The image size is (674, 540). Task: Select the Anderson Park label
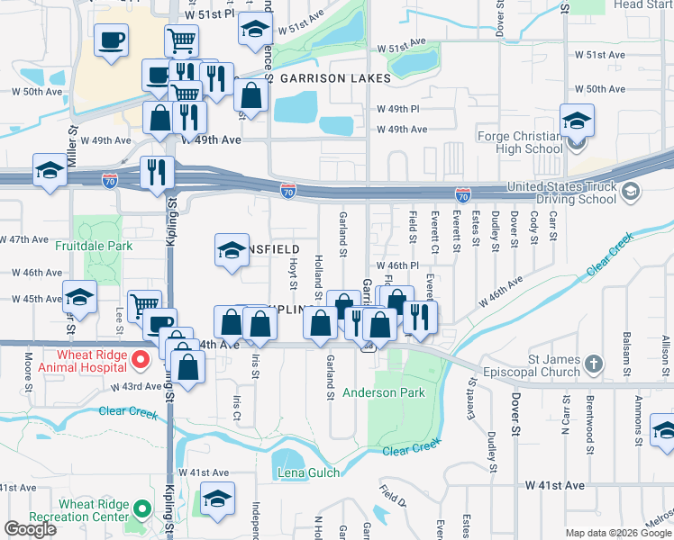(x=383, y=393)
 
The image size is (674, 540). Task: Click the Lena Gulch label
(x=309, y=473)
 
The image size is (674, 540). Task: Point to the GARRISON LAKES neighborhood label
(x=335, y=78)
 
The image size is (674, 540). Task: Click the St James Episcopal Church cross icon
(x=593, y=364)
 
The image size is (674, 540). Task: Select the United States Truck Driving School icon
(x=631, y=191)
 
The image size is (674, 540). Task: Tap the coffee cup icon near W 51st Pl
(x=111, y=40)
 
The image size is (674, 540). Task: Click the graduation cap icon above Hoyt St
(x=232, y=249)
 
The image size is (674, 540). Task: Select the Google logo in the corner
(x=30, y=529)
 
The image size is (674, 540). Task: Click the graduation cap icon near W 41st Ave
(x=217, y=496)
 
